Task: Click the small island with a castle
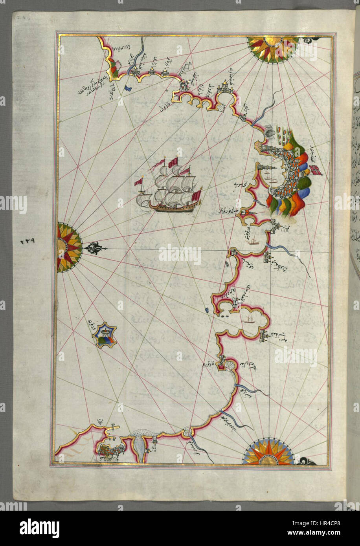pyautogui.click(x=104, y=335)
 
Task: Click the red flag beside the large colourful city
pyautogui.click(x=315, y=170)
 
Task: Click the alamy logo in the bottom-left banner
pyautogui.click(x=39, y=528)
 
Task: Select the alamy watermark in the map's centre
pyautogui.click(x=180, y=255)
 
